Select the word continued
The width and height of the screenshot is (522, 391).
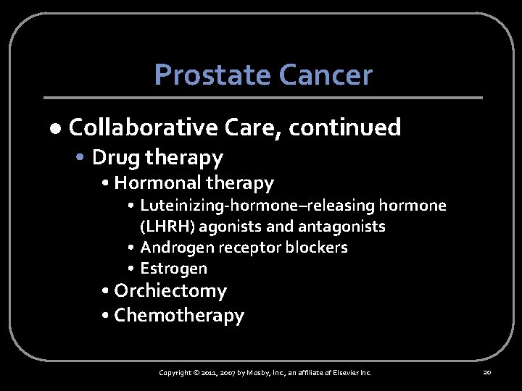tap(344, 127)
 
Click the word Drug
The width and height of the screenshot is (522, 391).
tap(116, 157)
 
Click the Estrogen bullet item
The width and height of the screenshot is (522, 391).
tap(174, 269)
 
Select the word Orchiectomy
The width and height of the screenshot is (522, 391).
tap(170, 291)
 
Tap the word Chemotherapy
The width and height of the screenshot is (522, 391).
tap(179, 316)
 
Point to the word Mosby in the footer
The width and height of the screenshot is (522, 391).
tap(254, 372)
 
